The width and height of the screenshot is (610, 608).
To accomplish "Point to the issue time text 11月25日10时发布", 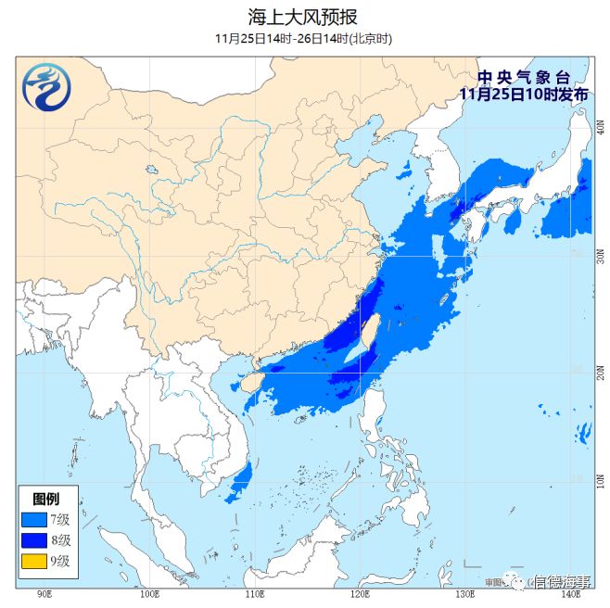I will pyautogui.click(x=525, y=94).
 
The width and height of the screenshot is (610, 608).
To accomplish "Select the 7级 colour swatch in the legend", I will pyautogui.click(x=34, y=518).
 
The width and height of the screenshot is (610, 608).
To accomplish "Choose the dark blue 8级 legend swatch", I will pyautogui.click(x=34, y=539).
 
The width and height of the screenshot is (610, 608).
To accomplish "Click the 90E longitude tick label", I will pyautogui.click(x=44, y=593).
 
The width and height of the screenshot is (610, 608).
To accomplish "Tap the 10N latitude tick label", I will pyautogui.click(x=601, y=480).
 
